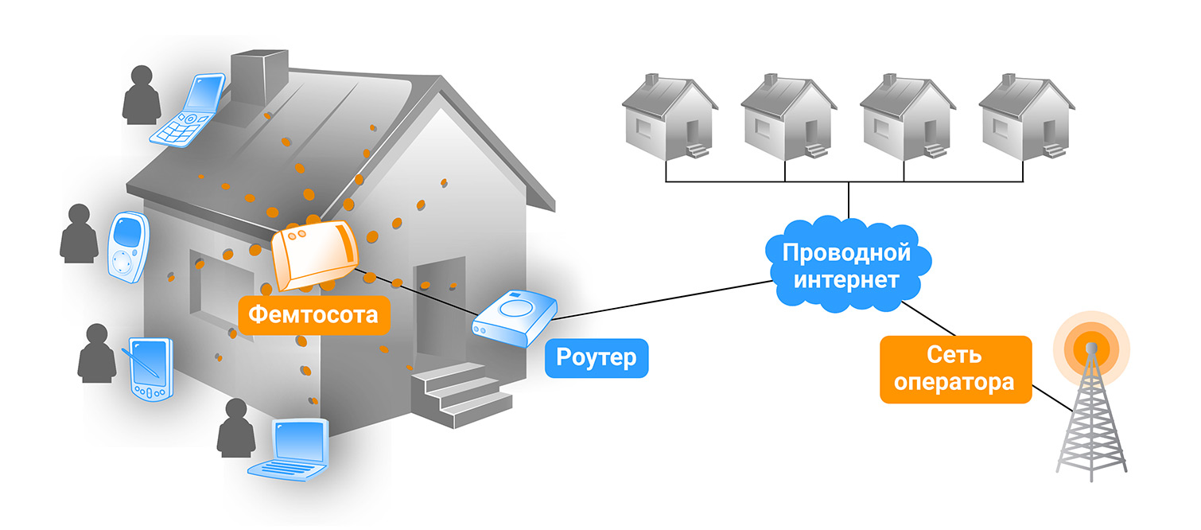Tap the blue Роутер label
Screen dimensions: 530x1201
click(x=597, y=357)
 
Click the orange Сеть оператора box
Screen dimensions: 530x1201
click(x=954, y=368)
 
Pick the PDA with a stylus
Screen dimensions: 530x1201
click(x=149, y=369)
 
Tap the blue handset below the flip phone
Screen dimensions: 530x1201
click(x=126, y=247)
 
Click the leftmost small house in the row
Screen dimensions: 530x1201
click(x=669, y=115)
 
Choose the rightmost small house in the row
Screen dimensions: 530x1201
click(x=1026, y=115)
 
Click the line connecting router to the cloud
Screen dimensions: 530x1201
click(x=660, y=299)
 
